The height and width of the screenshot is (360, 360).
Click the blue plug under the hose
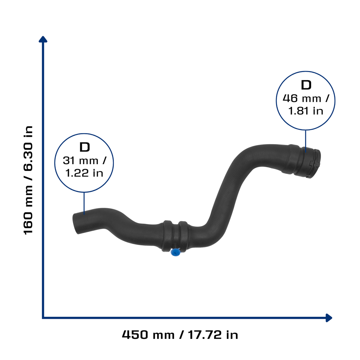(175, 252)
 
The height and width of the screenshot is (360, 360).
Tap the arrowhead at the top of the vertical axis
(43, 39)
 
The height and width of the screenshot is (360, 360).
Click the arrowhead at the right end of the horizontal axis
(329, 318)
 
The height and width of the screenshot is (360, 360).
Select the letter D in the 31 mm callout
(84, 147)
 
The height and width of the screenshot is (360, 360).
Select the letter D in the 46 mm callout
(306, 85)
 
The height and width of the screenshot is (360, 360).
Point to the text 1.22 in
(84, 173)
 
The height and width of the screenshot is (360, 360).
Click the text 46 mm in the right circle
(302, 98)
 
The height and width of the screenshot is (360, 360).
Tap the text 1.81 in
(306, 111)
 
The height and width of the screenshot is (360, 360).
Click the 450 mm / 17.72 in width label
(180, 335)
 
